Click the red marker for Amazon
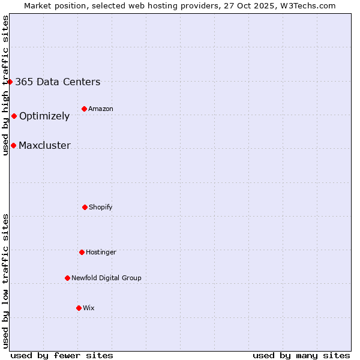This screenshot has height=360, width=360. (84, 109)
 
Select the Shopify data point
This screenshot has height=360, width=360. (85, 207)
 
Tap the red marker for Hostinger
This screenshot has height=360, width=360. (82, 252)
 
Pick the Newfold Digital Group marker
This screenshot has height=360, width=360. (67, 278)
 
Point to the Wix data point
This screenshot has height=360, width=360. (79, 308)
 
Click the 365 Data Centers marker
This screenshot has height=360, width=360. (10, 82)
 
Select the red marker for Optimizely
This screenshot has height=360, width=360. (14, 116)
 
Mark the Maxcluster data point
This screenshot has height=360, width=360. (13, 145)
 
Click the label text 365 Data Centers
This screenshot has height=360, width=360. (58, 82)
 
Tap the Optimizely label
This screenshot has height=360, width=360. (44, 116)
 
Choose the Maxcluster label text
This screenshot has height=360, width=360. (44, 146)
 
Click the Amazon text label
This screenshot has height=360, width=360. (101, 109)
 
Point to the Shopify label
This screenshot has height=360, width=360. (101, 208)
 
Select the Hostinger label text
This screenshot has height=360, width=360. (101, 253)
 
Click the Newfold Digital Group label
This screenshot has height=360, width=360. (106, 278)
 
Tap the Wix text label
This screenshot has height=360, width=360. (89, 308)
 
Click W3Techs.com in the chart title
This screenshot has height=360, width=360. (307, 5)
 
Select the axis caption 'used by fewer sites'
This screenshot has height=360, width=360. (62, 355)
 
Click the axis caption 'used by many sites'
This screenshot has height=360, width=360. (301, 355)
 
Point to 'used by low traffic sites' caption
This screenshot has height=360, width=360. (5, 281)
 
